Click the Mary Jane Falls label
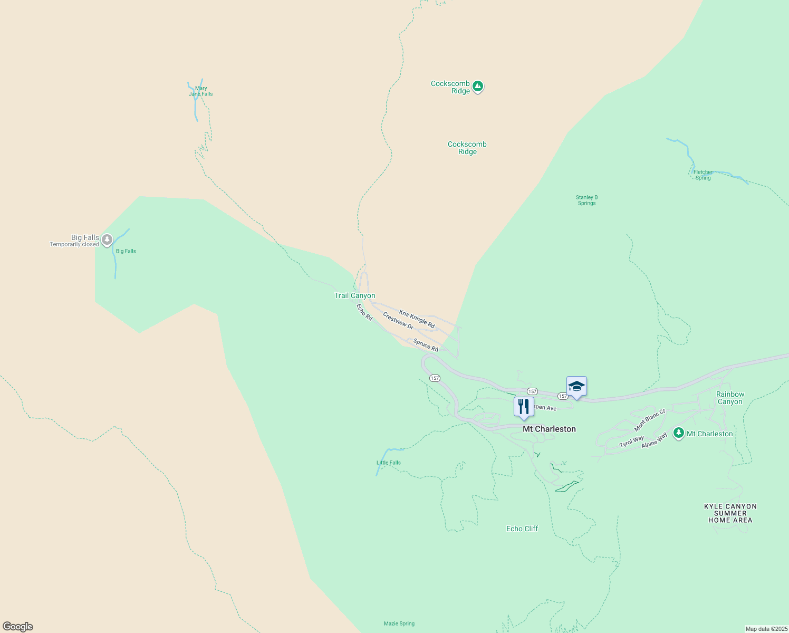coord(201,91)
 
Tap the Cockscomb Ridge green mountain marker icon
coord(478,86)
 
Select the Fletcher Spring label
coord(703,175)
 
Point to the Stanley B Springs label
coord(586,200)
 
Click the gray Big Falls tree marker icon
coord(107,240)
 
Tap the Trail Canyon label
coord(355,296)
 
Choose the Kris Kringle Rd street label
coord(417,319)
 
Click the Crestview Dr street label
coord(398,321)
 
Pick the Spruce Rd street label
coord(426,346)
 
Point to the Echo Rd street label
coord(364,312)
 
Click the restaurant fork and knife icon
coord(523,406)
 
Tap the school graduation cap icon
coord(576,386)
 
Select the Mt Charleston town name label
coord(549,429)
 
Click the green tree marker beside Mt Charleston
coord(679,434)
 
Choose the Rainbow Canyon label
coord(730,398)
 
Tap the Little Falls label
coord(389,463)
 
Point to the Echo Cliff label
coord(522,529)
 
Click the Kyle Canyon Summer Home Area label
coord(730,513)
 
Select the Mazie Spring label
coord(399,624)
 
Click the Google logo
coord(18,627)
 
